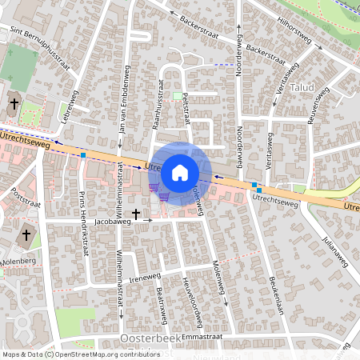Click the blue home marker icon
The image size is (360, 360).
click(x=180, y=171)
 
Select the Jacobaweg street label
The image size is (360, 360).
click(x=112, y=217)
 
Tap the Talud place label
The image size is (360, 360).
click(x=302, y=86)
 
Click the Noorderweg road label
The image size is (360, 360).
click(x=239, y=54)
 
